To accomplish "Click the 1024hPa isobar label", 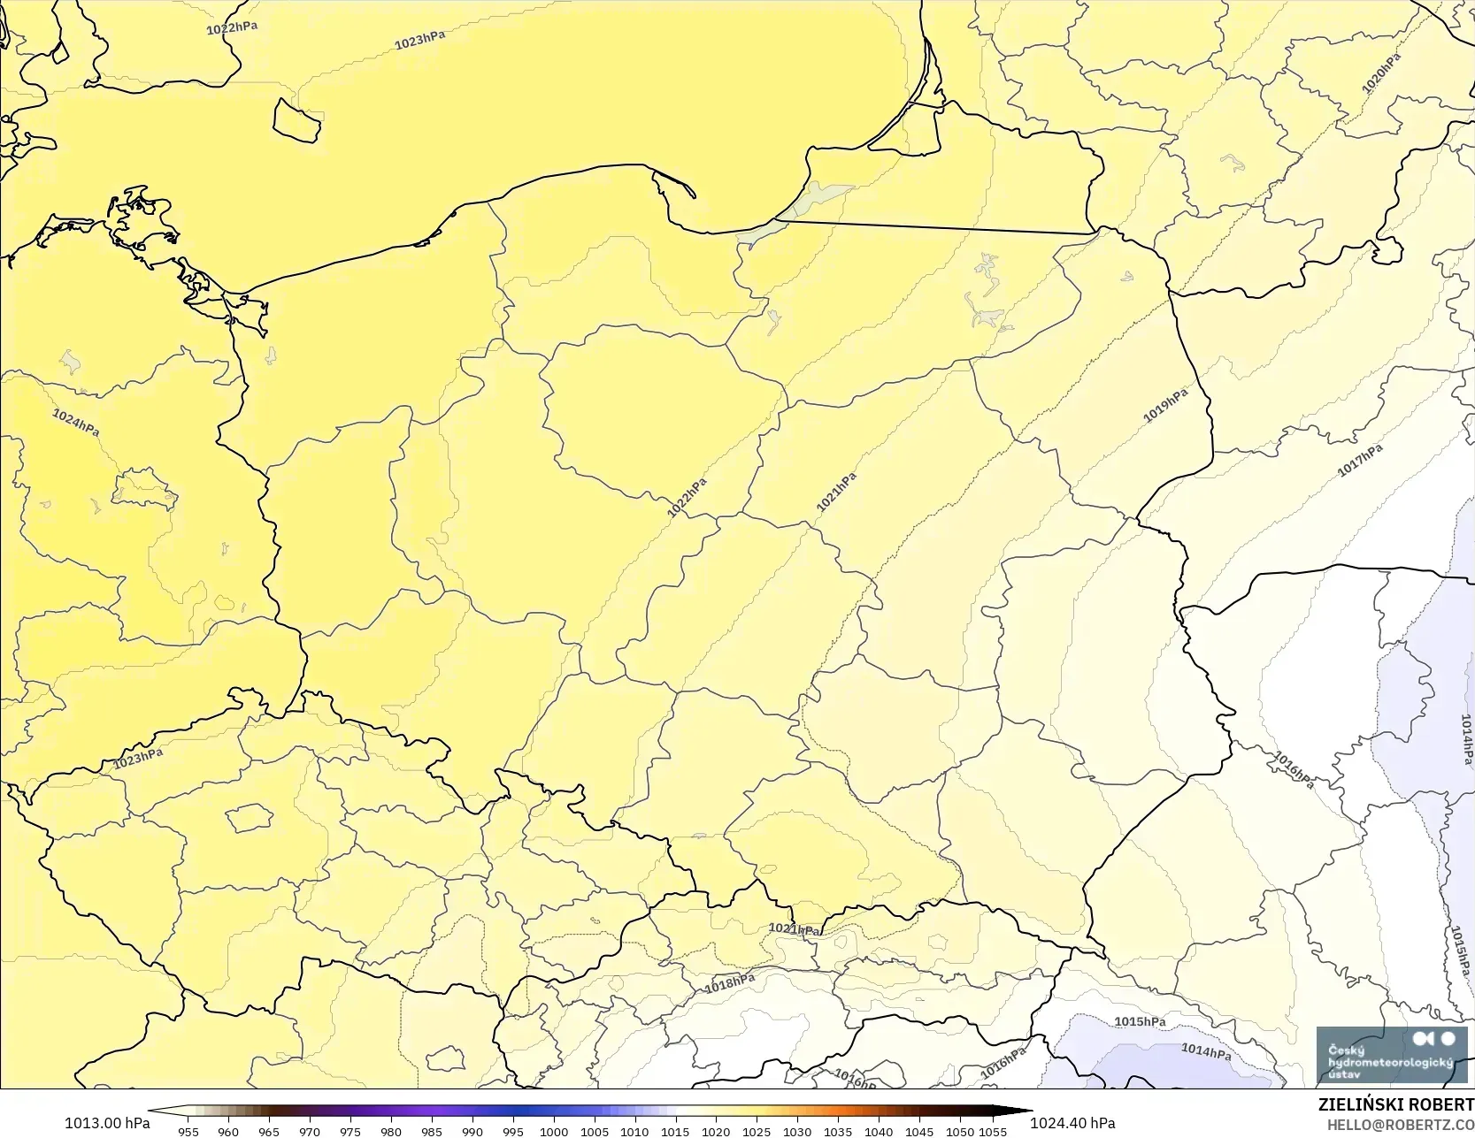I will click(x=75, y=422).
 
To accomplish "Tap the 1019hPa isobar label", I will click(x=1165, y=405).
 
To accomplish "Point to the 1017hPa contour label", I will click(x=1359, y=461).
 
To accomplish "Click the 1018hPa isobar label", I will click(x=730, y=983).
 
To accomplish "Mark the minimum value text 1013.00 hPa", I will click(x=107, y=1123).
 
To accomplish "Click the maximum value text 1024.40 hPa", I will click(x=1072, y=1123).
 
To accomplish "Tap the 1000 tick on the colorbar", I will click(x=554, y=1131).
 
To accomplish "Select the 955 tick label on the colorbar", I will click(x=188, y=1131).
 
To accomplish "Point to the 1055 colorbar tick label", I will click(x=993, y=1131).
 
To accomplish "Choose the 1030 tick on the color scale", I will click(x=797, y=1131).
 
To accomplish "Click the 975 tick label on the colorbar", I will click(x=350, y=1131).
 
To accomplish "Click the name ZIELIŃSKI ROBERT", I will click(x=1395, y=1105).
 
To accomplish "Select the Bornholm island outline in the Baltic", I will click(x=296, y=120).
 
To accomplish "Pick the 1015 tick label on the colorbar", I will click(x=675, y=1131).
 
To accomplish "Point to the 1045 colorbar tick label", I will click(x=919, y=1131).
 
